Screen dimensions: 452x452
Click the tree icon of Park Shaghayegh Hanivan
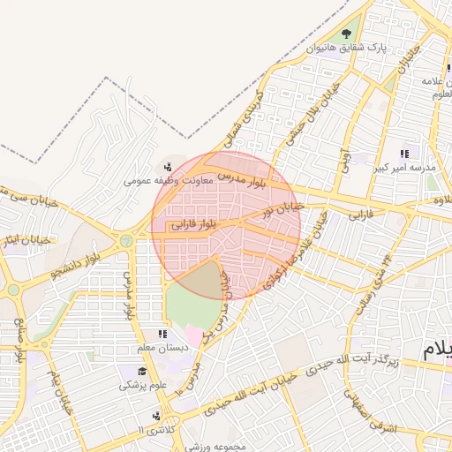point(357,34)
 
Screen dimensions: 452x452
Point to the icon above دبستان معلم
point(162,334)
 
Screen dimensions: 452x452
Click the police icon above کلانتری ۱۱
point(156,415)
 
